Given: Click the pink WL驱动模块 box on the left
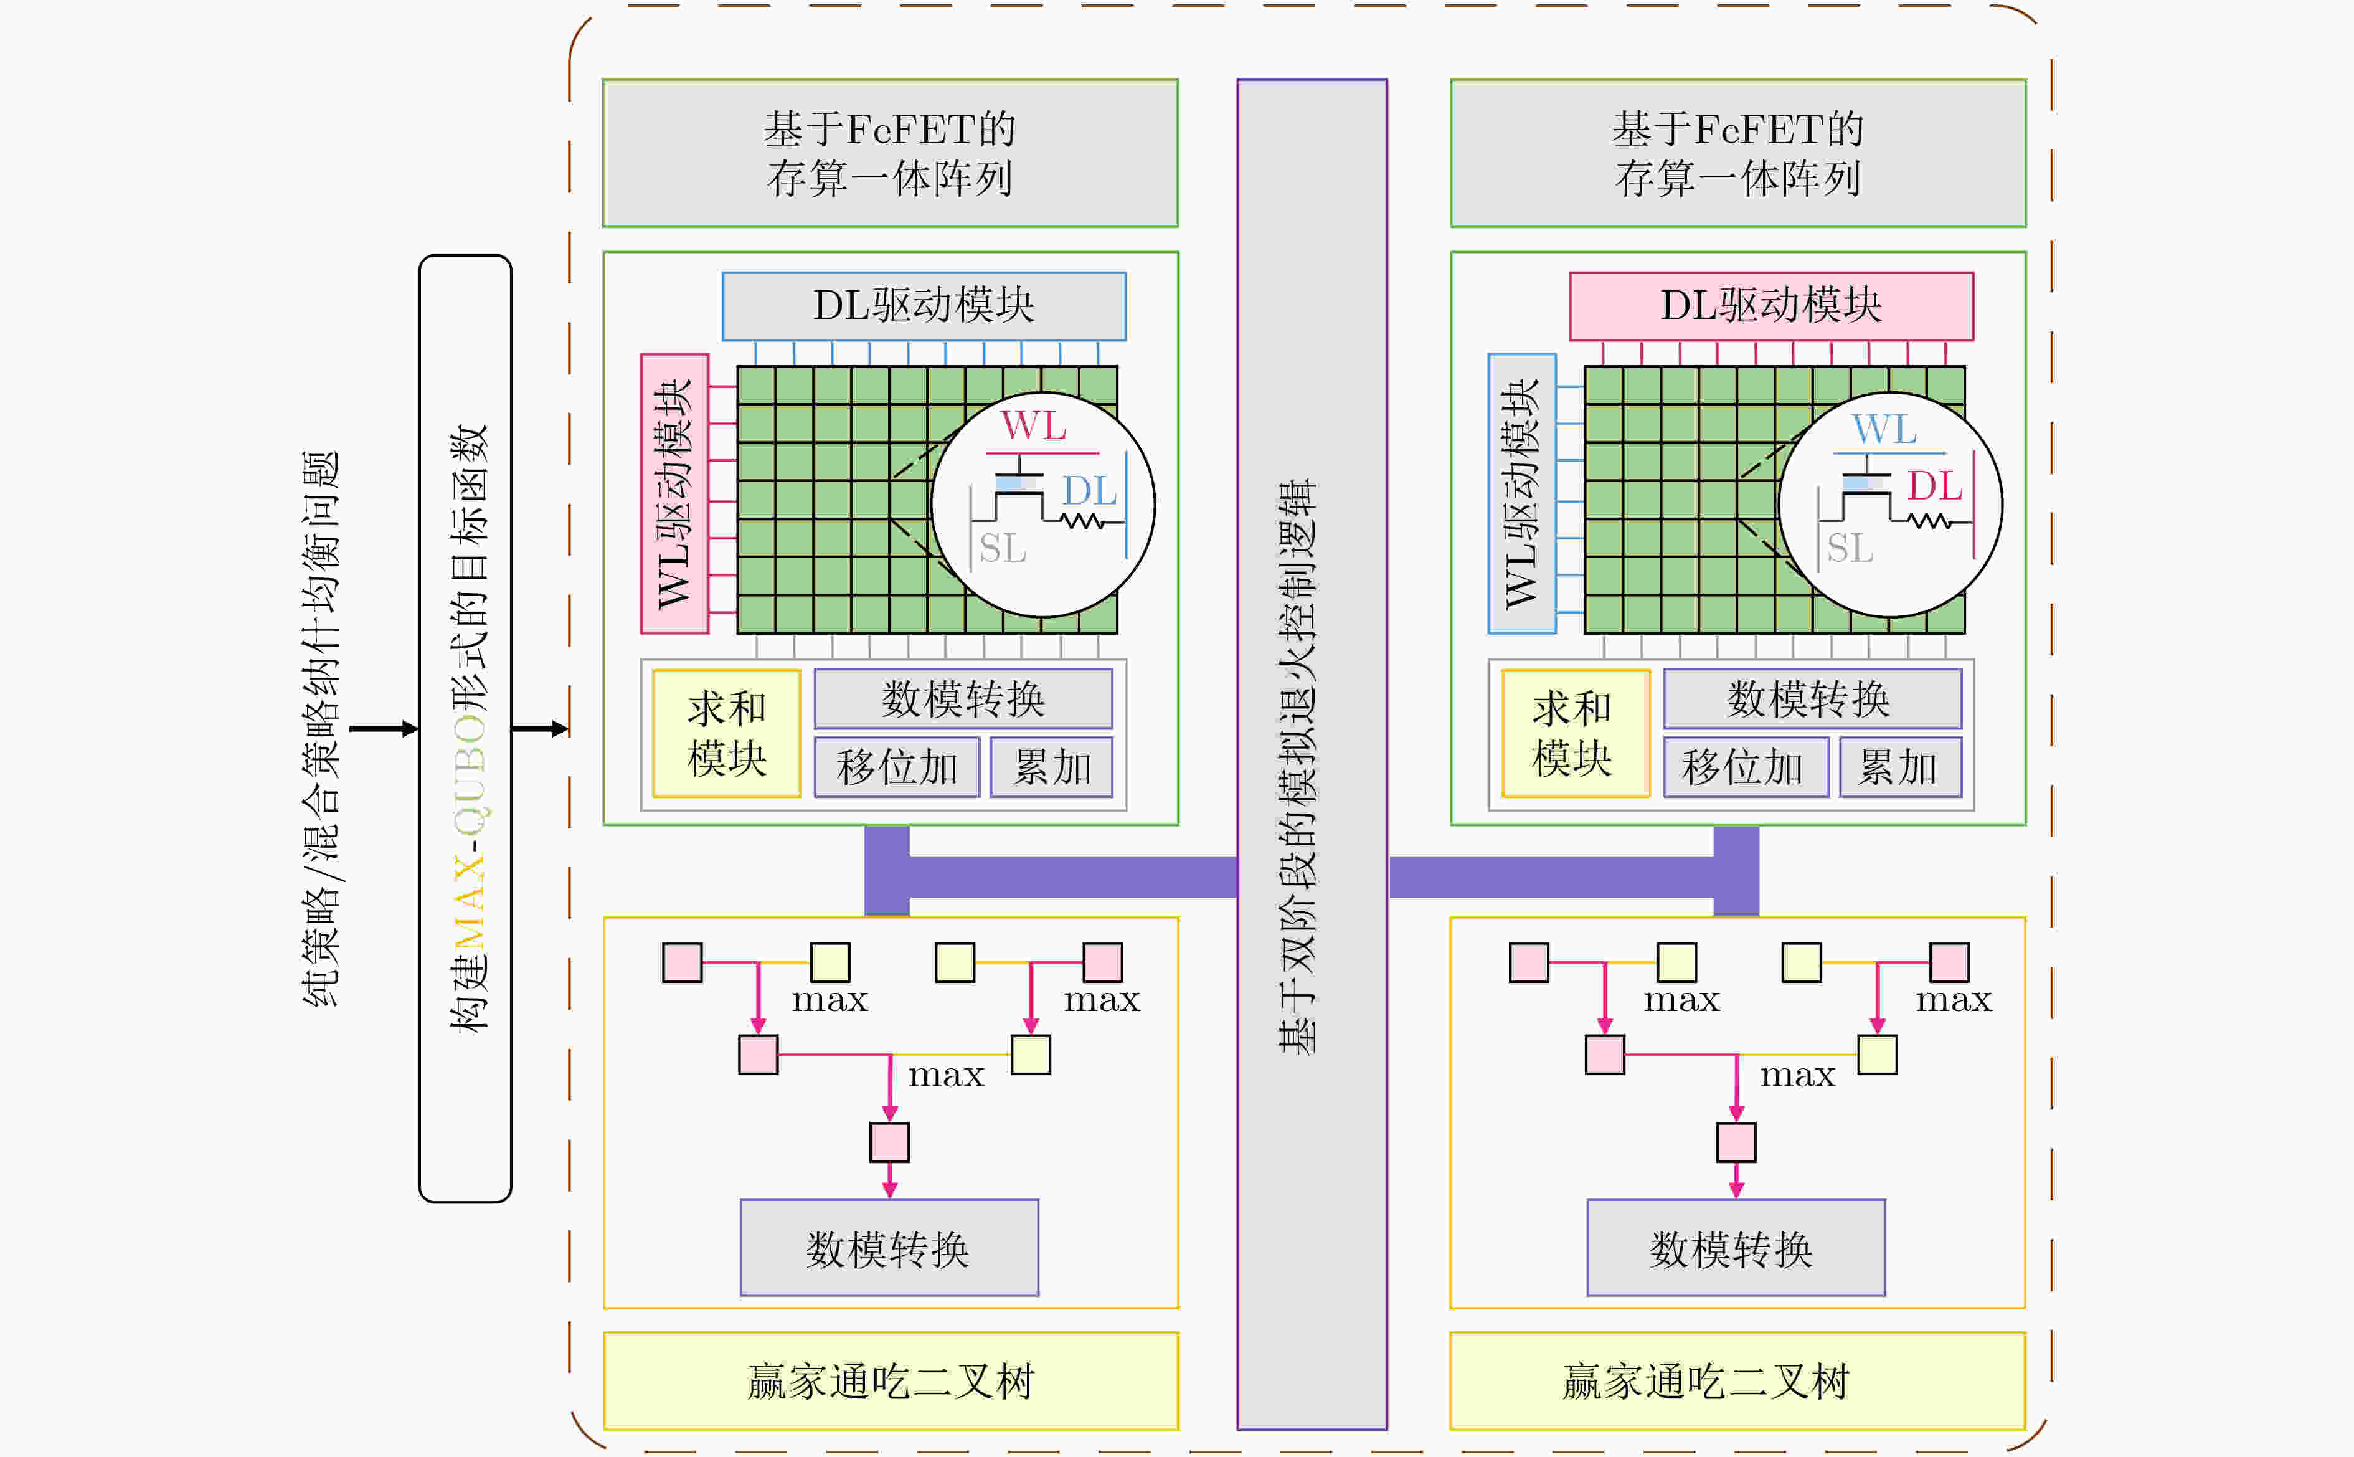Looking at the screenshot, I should coord(674,493).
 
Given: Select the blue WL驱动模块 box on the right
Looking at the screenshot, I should coord(1522,493).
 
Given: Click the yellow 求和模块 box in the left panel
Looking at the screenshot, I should coord(726,733).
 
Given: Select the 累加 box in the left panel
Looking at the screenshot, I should coord(1051,767).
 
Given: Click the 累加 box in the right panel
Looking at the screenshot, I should coord(1899,767).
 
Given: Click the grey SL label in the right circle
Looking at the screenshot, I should coord(1850,548).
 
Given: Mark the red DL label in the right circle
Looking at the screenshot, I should coord(1935,486).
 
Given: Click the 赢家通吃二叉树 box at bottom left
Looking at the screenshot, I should coord(890,1381).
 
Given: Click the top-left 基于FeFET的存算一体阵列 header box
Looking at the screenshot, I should coord(890,153).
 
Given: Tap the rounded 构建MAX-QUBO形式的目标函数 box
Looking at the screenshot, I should coord(465,729).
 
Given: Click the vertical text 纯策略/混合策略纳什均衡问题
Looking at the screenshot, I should coord(321,729).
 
